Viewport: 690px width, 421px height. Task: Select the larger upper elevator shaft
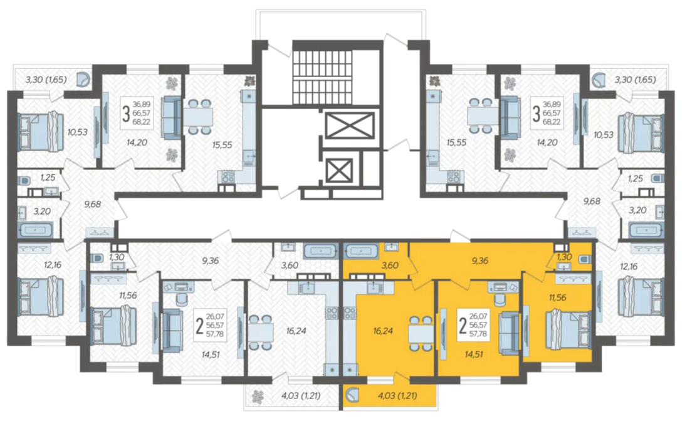click(349, 125)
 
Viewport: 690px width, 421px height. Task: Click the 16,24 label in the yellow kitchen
click(382, 331)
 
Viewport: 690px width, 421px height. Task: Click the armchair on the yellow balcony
click(352, 395)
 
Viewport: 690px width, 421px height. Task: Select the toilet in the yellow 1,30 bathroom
click(585, 260)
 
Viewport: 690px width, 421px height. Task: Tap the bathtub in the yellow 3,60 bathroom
click(361, 252)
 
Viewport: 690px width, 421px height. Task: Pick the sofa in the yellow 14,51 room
click(510, 333)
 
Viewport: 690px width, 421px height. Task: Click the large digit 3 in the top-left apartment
click(126, 114)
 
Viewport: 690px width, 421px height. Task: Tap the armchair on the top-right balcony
click(599, 79)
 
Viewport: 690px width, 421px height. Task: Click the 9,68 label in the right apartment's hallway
click(592, 201)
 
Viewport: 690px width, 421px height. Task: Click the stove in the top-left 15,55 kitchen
click(227, 177)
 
